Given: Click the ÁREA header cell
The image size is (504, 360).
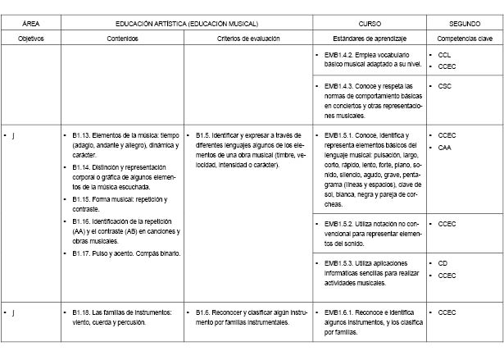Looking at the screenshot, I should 31,25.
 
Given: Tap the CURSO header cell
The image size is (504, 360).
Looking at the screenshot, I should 370,25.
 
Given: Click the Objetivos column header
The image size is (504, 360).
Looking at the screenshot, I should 31,39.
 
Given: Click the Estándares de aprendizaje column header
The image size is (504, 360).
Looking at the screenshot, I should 370,39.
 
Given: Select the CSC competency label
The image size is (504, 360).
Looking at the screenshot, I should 445,85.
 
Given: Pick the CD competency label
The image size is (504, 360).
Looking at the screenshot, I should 443,263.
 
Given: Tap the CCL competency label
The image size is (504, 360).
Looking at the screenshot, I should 445,54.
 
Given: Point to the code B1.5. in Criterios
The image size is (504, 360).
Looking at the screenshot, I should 207,134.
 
